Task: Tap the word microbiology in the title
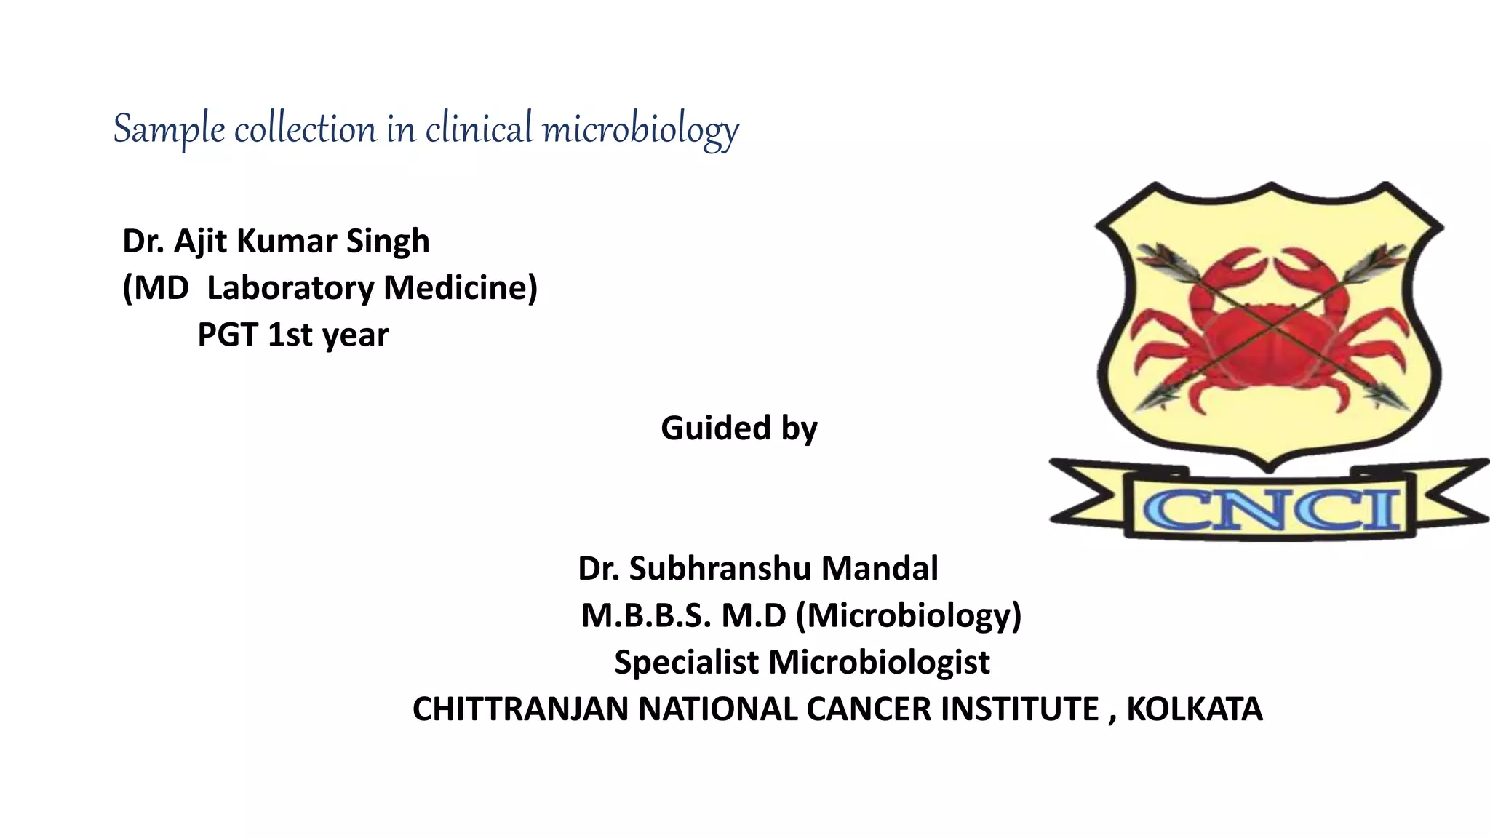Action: (x=640, y=129)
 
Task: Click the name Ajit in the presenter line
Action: (x=200, y=242)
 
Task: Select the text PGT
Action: (x=228, y=335)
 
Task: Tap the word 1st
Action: (x=290, y=335)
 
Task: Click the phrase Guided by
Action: (x=738, y=428)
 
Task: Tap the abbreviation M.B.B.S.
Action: (x=645, y=616)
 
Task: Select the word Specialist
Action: (x=686, y=663)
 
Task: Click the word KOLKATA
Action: (x=1194, y=709)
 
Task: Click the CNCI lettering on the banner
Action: (x=1271, y=509)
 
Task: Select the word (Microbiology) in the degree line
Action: (x=909, y=616)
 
